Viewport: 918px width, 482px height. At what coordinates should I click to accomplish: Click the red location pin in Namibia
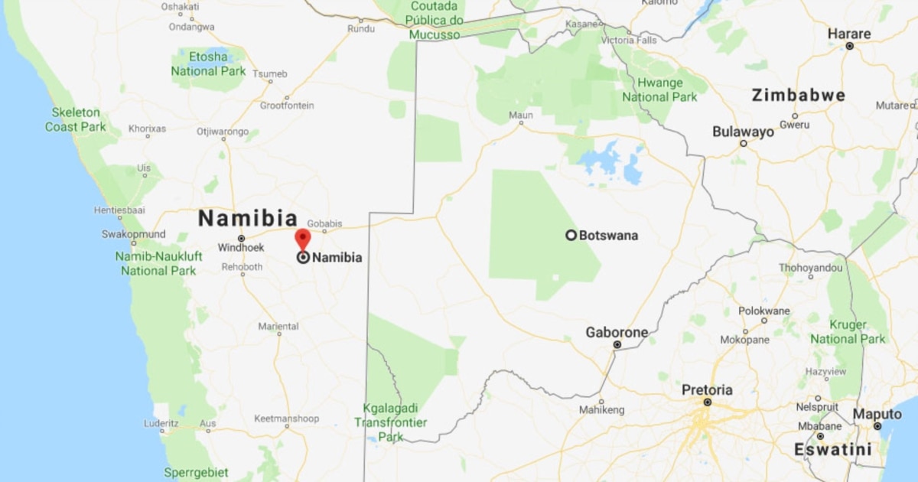click(303, 239)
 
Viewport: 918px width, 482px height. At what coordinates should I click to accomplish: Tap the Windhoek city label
click(241, 248)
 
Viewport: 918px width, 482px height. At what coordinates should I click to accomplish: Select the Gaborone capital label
click(617, 333)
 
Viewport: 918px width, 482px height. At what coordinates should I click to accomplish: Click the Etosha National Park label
click(208, 64)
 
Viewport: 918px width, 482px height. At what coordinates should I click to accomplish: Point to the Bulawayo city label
click(743, 132)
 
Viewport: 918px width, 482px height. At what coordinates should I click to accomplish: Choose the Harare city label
click(849, 34)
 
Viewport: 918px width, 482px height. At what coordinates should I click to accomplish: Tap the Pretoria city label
click(707, 390)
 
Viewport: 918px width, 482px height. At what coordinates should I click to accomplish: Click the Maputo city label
click(877, 414)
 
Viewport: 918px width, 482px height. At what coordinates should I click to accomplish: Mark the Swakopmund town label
click(134, 234)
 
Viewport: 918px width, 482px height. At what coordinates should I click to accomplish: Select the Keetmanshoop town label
click(286, 418)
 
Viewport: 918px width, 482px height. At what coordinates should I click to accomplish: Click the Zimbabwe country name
click(799, 96)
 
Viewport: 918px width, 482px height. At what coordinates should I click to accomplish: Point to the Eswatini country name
click(832, 449)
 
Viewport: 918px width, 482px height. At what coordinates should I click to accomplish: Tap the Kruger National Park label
click(848, 331)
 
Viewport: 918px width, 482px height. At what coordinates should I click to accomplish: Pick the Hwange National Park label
click(659, 90)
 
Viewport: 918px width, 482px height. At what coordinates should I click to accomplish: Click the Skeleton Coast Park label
click(76, 119)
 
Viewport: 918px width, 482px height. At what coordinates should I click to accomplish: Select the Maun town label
click(521, 116)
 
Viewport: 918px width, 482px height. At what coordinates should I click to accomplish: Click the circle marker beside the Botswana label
click(571, 235)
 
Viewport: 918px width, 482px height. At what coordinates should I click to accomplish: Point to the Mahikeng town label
click(601, 410)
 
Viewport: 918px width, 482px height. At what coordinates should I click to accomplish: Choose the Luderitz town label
click(161, 423)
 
